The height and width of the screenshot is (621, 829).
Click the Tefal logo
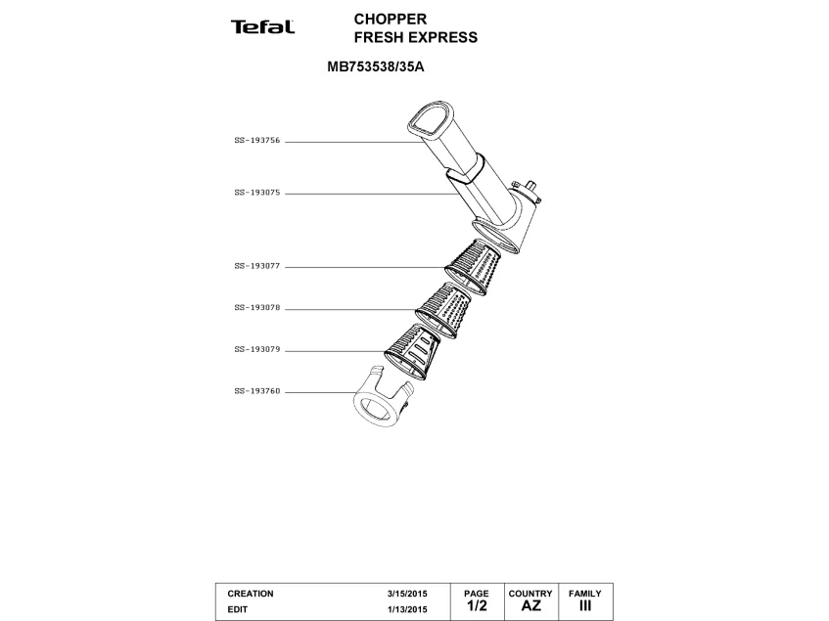(x=262, y=26)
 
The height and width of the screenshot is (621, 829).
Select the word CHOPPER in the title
(x=390, y=19)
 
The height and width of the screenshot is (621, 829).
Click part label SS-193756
(x=256, y=141)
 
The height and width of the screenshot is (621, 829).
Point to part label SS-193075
(x=256, y=193)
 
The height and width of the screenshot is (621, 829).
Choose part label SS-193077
(x=256, y=265)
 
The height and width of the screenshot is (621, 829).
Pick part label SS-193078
(x=256, y=307)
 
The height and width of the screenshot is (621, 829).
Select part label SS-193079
(x=256, y=349)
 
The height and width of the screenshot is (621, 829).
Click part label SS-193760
(x=256, y=391)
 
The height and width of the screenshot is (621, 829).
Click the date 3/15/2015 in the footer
(x=408, y=594)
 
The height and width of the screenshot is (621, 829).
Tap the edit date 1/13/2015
(x=408, y=609)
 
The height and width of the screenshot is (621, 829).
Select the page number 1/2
(x=476, y=606)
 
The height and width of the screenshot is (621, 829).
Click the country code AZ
(x=530, y=606)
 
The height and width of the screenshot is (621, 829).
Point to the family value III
(x=585, y=606)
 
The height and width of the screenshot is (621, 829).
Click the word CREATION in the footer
(x=251, y=594)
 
